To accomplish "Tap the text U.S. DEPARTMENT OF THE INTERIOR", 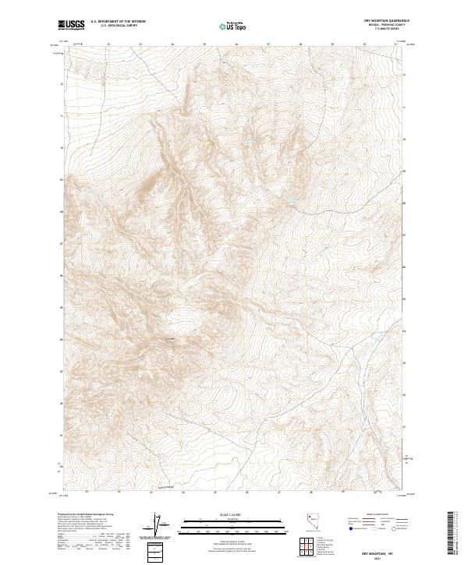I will [118, 22].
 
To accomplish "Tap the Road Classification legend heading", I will [374, 516].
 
